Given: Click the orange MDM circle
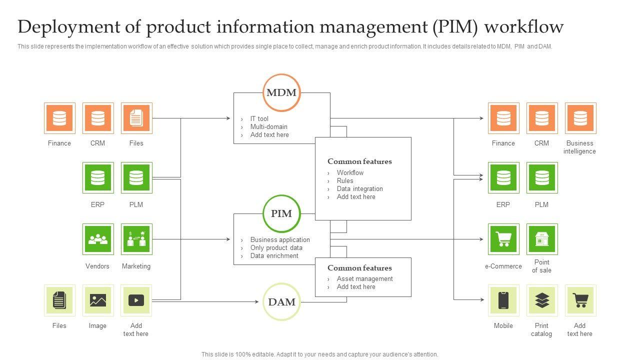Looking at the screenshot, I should point(281,92).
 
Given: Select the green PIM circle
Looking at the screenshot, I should point(281,213).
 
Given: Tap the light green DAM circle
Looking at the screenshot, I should point(281,301).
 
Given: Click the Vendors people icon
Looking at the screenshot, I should point(97,239).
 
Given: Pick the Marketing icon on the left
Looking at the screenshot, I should point(136,239).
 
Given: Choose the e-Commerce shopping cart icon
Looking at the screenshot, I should point(503,239).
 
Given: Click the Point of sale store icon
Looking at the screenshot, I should point(542,239).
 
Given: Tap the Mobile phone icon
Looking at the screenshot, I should point(503,300).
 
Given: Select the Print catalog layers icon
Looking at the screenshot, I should point(542,300).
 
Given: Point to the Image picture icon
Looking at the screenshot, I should point(97,300).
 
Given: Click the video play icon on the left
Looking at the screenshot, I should point(136,300).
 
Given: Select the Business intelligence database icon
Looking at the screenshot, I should point(580,118).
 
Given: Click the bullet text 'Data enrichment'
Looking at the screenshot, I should point(274,256).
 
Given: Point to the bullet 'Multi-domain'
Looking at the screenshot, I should point(268,127).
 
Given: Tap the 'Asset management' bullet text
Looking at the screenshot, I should point(364,279).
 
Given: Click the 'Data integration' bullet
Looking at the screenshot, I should point(359,189).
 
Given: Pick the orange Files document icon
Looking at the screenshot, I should point(136,118).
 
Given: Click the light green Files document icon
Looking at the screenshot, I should point(59,300).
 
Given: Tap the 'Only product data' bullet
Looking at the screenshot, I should point(276,248).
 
